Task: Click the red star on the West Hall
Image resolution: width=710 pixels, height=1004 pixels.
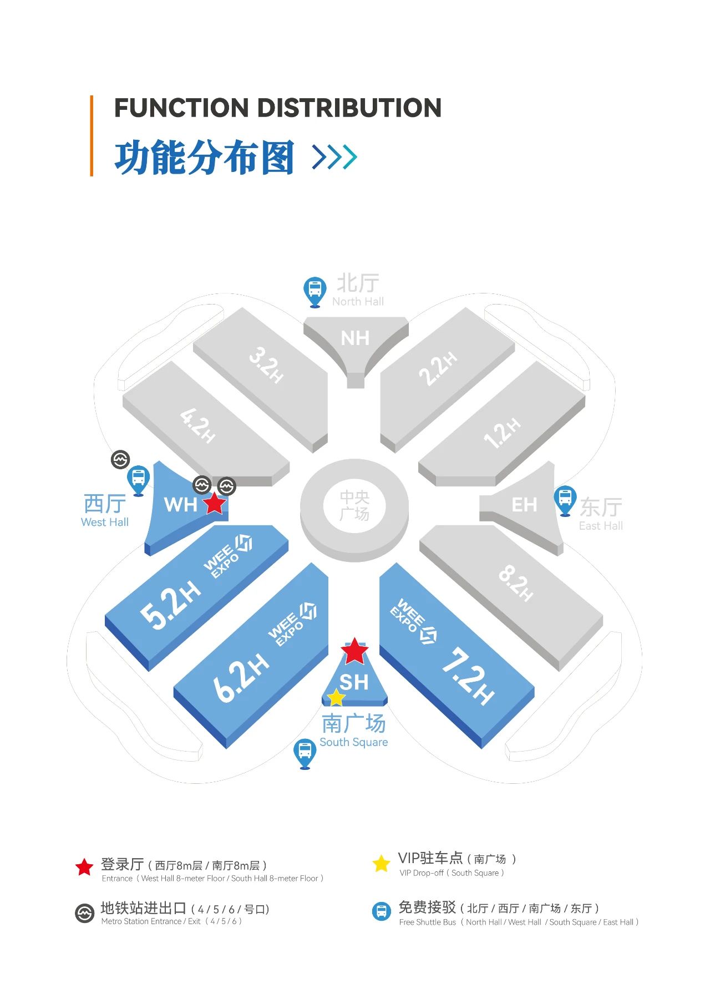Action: pyautogui.click(x=215, y=504)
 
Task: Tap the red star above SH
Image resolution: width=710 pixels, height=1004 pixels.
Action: pyautogui.click(x=354, y=651)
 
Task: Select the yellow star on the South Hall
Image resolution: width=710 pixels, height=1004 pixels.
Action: pyautogui.click(x=336, y=697)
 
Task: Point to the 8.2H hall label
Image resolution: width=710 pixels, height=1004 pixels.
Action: pyautogui.click(x=516, y=582)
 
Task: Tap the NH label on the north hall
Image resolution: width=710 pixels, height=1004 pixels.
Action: pyautogui.click(x=355, y=338)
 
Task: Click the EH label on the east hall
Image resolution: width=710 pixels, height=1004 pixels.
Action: pyautogui.click(x=524, y=505)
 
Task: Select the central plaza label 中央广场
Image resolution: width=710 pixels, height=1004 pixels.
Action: pyautogui.click(x=354, y=505)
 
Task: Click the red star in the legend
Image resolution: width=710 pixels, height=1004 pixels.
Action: pyautogui.click(x=84, y=867)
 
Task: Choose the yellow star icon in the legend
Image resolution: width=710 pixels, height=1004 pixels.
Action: pyautogui.click(x=381, y=863)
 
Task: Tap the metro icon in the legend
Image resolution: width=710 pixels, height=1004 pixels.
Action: pyautogui.click(x=84, y=913)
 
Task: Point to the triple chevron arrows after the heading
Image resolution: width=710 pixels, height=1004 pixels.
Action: pyautogui.click(x=334, y=156)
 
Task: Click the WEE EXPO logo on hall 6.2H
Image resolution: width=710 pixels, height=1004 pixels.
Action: pyautogui.click(x=292, y=624)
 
